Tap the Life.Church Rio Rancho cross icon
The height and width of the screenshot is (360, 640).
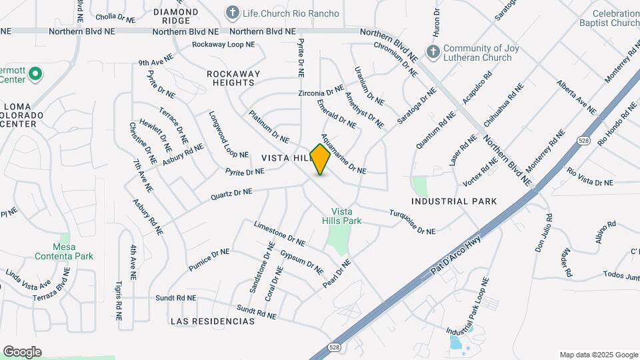click(x=232, y=13)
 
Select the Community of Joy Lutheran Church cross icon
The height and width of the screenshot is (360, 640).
click(x=433, y=52)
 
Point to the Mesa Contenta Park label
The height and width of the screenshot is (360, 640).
click(x=65, y=251)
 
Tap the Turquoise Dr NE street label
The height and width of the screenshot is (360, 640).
click(x=411, y=221)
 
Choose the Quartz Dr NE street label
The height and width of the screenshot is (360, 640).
click(x=231, y=194)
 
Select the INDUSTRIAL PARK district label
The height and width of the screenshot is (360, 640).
click(x=454, y=201)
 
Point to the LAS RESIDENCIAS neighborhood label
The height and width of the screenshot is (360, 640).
click(x=212, y=321)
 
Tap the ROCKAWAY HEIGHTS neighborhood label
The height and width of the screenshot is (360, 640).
click(x=231, y=78)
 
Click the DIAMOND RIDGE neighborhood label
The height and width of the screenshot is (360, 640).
click(x=176, y=17)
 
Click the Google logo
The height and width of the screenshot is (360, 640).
click(x=22, y=352)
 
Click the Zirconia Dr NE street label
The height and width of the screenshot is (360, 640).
click(x=321, y=91)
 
